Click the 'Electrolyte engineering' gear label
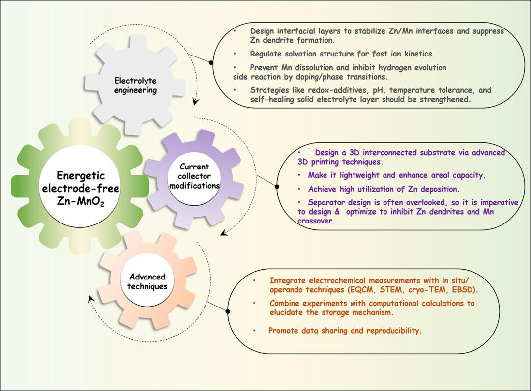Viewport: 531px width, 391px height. tap(135, 85)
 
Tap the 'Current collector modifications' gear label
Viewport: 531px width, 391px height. tap(194, 176)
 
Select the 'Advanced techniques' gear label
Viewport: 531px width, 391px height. tap(147, 281)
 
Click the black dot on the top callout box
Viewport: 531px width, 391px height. tap(211, 62)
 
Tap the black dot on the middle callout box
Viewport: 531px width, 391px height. tap(276, 187)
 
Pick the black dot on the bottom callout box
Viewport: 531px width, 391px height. tap(228, 310)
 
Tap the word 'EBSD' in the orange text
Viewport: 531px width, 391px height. tap(466, 290)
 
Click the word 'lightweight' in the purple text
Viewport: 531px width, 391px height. tap(353, 175)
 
